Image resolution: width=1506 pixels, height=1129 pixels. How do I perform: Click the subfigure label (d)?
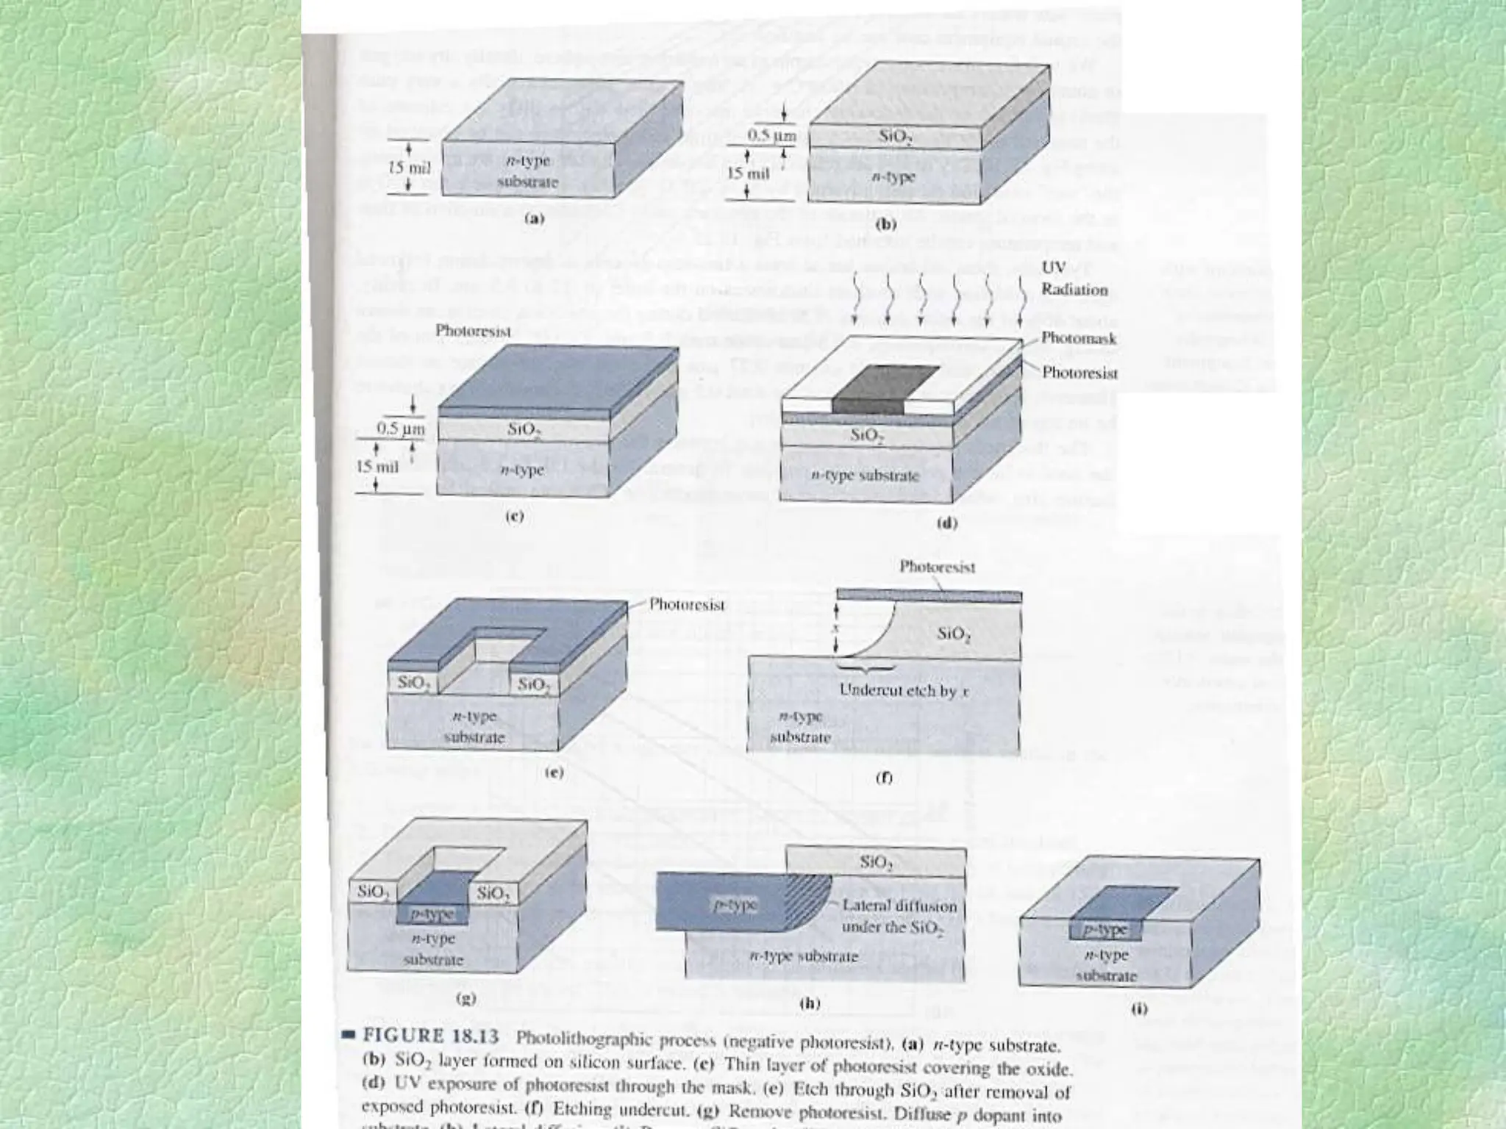tap(947, 523)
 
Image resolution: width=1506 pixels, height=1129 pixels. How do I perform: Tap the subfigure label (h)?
tap(810, 1003)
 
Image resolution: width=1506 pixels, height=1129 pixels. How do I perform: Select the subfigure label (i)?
tap(1139, 1009)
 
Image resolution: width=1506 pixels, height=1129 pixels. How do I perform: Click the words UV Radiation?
tap(1074, 279)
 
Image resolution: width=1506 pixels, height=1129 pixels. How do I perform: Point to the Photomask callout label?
tap(1079, 339)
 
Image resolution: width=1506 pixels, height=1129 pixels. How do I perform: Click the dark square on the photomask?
tap(885, 390)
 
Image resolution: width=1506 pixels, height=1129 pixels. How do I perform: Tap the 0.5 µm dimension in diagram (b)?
tap(771, 136)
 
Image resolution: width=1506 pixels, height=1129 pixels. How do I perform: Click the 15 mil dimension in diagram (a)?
tap(409, 168)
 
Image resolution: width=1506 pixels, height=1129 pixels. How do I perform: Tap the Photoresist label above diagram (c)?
tap(473, 331)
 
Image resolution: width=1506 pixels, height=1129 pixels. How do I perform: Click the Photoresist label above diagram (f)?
tap(938, 567)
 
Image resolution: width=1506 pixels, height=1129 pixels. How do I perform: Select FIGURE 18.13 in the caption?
tap(431, 1037)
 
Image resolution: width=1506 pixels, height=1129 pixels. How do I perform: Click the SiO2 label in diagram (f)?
tap(954, 634)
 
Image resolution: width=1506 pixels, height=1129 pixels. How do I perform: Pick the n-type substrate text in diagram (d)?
tap(865, 476)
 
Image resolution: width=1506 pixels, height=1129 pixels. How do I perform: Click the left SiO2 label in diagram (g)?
tap(372, 892)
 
